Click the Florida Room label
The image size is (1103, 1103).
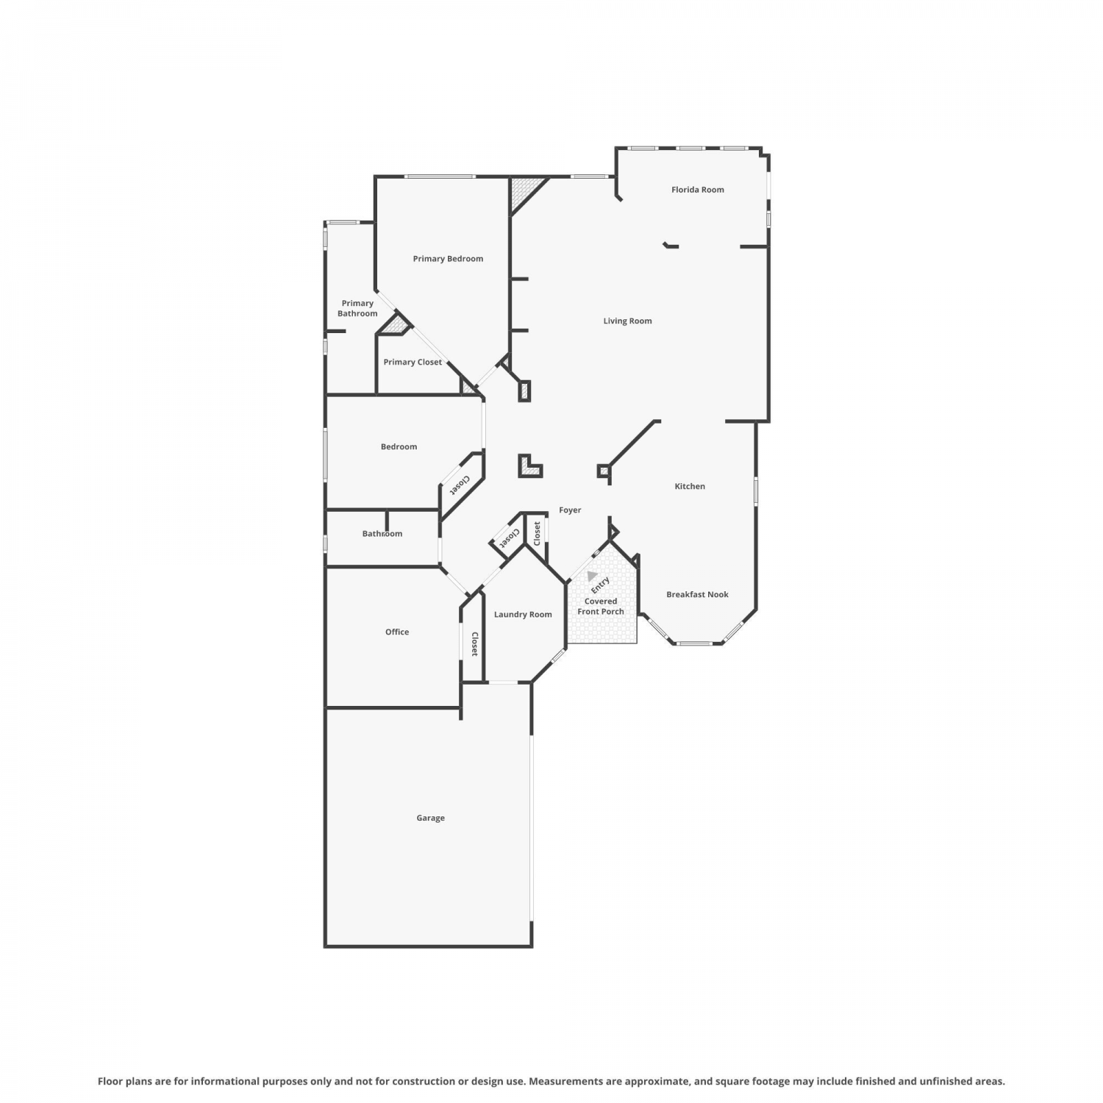coord(697,190)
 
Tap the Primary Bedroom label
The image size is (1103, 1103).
coord(448,259)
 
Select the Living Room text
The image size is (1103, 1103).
coord(627,321)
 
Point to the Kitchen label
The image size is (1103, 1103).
coord(690,486)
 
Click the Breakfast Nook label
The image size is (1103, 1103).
coord(697,595)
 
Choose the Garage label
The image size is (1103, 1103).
coord(430,818)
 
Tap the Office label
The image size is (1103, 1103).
coord(397,632)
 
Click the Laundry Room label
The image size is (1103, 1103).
coord(523,615)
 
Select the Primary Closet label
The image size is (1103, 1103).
coord(413,363)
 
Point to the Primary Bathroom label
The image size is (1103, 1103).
coord(357,309)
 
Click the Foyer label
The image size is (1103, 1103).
coord(570,510)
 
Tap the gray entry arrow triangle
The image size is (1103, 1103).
coord(592,576)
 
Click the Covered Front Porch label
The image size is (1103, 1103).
coord(601,607)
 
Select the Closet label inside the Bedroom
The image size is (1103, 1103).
coord(460,485)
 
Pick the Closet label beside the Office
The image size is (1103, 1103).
coord(475,644)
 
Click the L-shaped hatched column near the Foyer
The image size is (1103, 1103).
coord(529,466)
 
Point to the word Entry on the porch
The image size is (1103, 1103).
coord(601,585)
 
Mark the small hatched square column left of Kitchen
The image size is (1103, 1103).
coord(603,471)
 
